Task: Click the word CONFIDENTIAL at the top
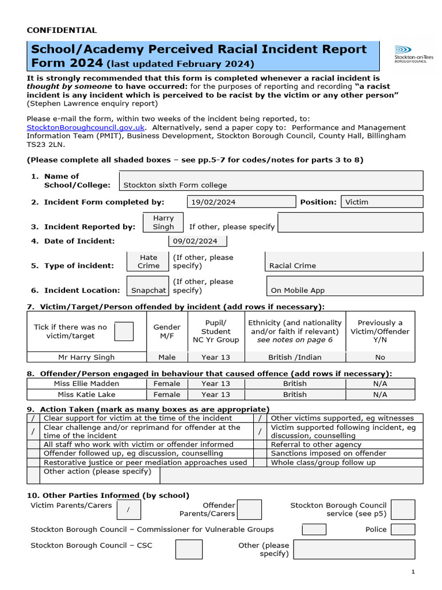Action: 62,30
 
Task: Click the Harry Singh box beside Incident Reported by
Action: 163,222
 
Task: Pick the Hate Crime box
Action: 148,262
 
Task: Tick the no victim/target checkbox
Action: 124,331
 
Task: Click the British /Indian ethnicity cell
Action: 295,357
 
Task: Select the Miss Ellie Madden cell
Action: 86,383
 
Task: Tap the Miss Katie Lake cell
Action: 86,395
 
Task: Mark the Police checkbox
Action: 403,529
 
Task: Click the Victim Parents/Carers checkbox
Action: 128,509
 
